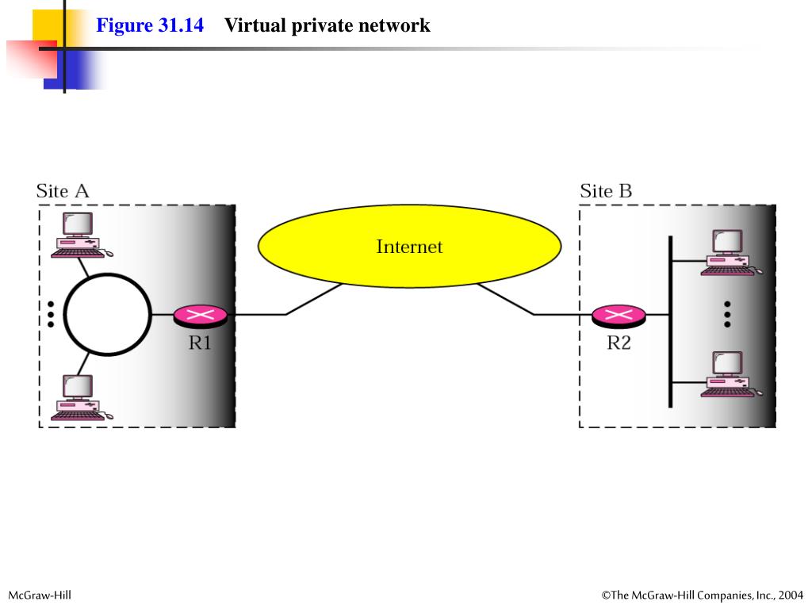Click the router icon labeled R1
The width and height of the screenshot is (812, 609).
[x=201, y=316]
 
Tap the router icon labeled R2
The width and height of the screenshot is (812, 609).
[x=619, y=316]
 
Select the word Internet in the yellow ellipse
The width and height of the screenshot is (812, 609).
[x=409, y=247]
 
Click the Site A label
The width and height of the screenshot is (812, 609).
[x=63, y=191]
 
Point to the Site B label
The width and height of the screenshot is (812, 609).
[x=606, y=191]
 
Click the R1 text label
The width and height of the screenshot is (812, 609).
[x=200, y=343]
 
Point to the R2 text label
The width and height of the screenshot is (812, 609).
[x=619, y=343]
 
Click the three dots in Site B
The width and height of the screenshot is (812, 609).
[x=727, y=313]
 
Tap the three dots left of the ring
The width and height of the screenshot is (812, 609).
[x=51, y=314]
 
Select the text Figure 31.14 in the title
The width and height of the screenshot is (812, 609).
[x=150, y=25]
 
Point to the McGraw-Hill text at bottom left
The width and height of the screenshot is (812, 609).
[x=40, y=595]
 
